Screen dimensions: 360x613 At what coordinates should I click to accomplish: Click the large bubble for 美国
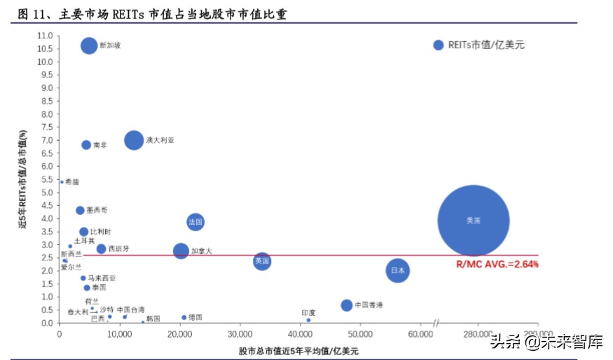coord(473,221)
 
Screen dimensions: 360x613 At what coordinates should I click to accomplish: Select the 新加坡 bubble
coord(89,46)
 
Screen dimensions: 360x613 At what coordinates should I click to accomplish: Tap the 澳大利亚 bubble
coord(134,140)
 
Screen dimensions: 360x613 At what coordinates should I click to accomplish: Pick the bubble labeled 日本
coord(397,270)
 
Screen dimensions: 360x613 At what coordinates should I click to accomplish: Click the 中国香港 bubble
coord(347,305)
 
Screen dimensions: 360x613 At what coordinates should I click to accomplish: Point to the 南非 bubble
coord(86,145)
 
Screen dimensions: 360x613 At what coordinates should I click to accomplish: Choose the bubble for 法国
coord(195,222)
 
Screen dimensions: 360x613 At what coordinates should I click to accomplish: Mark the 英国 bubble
coord(262,261)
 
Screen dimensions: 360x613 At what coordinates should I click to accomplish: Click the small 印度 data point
coord(308,320)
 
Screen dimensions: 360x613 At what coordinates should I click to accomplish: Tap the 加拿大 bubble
coord(181,251)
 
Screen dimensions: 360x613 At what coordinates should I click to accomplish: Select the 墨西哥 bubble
coord(80,210)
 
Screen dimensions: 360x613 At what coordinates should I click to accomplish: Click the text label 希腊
coord(71,181)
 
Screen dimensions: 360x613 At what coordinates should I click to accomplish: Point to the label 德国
coord(195,317)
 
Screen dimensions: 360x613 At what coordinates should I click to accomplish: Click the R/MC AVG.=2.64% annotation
coord(497,264)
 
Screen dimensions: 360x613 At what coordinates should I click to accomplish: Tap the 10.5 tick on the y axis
coord(45,48)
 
